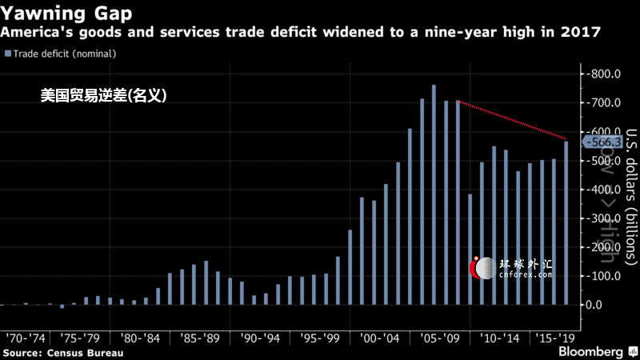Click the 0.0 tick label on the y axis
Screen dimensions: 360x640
[x=605, y=305]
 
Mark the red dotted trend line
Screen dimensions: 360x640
[x=512, y=120]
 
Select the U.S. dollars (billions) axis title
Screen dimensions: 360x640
[x=630, y=196]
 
